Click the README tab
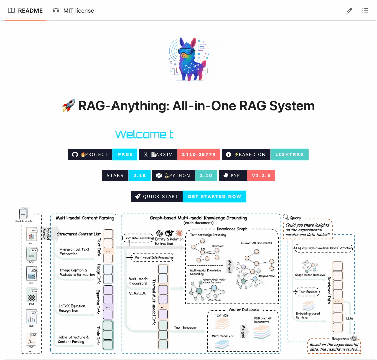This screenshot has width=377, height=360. [x=25, y=11]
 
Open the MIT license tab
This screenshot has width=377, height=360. [x=73, y=11]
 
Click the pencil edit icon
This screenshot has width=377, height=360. [x=349, y=11]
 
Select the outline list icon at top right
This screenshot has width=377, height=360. [x=365, y=11]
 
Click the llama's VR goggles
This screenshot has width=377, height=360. [x=186, y=51]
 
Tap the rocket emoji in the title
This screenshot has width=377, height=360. [x=69, y=106]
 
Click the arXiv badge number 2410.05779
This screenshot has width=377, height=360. [x=199, y=155]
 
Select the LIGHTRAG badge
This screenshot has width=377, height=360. [x=289, y=155]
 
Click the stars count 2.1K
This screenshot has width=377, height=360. [x=140, y=176]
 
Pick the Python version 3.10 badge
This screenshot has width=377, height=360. [x=206, y=176]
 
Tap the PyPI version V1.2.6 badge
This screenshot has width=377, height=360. [x=261, y=176]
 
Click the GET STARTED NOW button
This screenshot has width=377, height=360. [x=214, y=197]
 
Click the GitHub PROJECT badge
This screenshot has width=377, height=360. [x=90, y=155]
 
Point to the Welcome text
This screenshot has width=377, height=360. [x=144, y=134]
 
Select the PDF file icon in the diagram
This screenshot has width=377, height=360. [x=32, y=339]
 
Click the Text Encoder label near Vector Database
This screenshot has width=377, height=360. [x=185, y=327]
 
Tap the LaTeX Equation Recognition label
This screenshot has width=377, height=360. [x=72, y=308]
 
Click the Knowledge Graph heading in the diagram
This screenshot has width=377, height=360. [x=232, y=229]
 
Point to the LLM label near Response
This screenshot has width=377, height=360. [x=349, y=318]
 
